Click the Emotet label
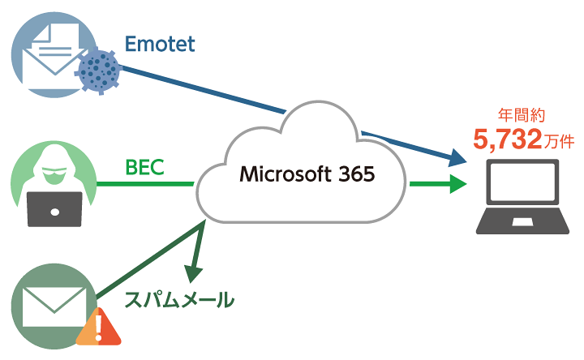161,44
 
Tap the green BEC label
145,168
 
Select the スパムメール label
179,300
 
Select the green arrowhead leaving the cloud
456,186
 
